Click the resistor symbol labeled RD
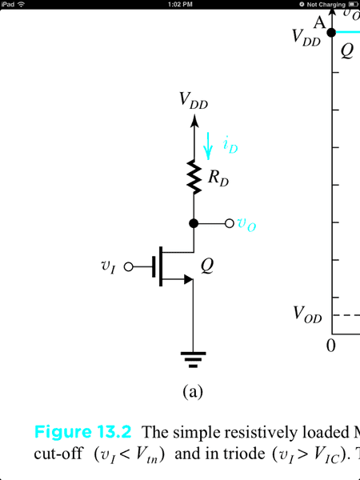pos(194,177)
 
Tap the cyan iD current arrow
pos(208,146)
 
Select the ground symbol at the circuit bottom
pos(193,359)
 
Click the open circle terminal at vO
pos(230,223)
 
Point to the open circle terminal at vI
pos(129,267)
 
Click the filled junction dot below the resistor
pos(194,223)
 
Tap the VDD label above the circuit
pos(194,101)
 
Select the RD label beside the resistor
pos(218,178)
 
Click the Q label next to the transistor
pos(207,266)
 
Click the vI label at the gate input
pos(108,267)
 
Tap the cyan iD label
pos(230,146)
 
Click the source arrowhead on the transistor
pos(189,279)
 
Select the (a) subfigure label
pos(193,392)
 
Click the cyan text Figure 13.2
pos(83,432)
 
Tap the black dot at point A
pos(331,32)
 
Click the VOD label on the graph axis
pos(307,314)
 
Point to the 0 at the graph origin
pos(330,346)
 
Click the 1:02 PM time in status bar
pos(180,4)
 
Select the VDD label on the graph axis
pos(306,38)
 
